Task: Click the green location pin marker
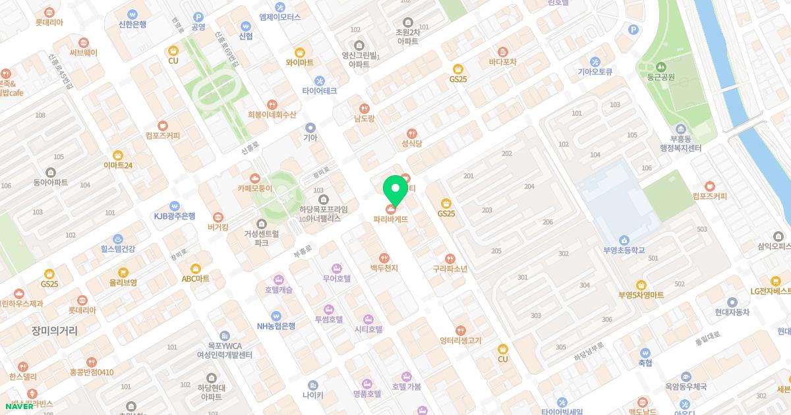click(x=395, y=189)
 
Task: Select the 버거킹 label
click(x=218, y=227)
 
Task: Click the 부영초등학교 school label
click(x=624, y=250)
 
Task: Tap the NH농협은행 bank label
click(x=276, y=325)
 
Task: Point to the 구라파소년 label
click(x=450, y=269)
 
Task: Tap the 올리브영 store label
click(x=123, y=282)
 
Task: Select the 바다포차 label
click(x=502, y=62)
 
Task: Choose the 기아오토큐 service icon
click(x=595, y=61)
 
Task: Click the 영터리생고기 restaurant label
click(x=461, y=341)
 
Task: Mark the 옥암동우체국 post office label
click(x=686, y=387)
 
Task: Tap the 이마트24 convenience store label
click(x=118, y=165)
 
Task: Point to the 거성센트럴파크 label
click(x=262, y=238)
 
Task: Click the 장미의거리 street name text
click(x=54, y=331)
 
